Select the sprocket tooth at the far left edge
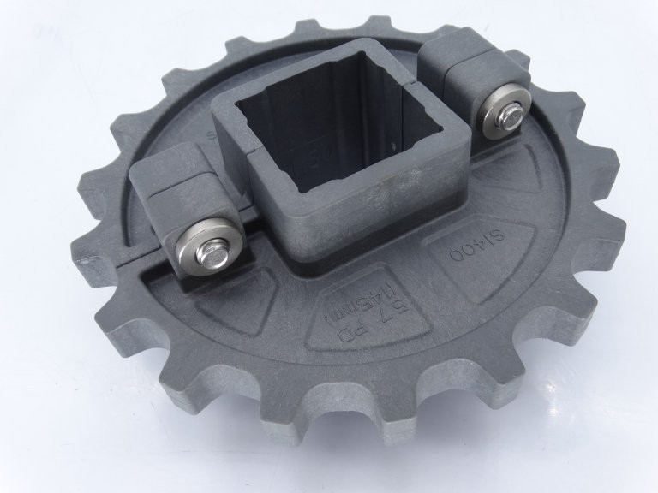point(96,257)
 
